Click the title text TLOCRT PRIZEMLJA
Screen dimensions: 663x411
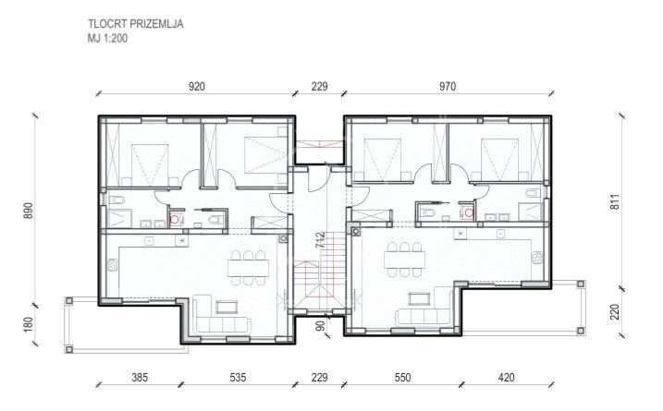pyautogui.click(x=136, y=24)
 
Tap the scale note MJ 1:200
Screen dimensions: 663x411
pyautogui.click(x=107, y=39)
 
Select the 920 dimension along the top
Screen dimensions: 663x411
pyautogui.click(x=197, y=87)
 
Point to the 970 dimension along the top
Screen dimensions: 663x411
pyautogui.click(x=448, y=87)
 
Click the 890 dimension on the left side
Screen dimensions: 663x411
pyautogui.click(x=29, y=211)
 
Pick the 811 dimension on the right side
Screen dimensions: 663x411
pyautogui.click(x=615, y=201)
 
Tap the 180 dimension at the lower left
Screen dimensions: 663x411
pyautogui.click(x=29, y=324)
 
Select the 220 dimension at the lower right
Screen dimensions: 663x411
pyautogui.click(x=615, y=312)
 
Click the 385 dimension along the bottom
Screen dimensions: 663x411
pyautogui.click(x=140, y=377)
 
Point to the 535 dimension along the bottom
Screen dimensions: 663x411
pyautogui.click(x=238, y=377)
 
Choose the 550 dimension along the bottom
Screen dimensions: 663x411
pyautogui.click(x=402, y=377)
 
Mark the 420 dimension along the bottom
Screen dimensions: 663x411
pyautogui.click(x=506, y=377)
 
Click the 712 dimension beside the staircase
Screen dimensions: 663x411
pyautogui.click(x=321, y=240)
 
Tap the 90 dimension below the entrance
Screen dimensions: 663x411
pyautogui.click(x=321, y=326)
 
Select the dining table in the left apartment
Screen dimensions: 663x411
pyautogui.click(x=248, y=268)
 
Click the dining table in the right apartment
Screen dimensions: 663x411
pyautogui.click(x=405, y=260)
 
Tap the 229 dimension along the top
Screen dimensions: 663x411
pyautogui.click(x=320, y=87)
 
